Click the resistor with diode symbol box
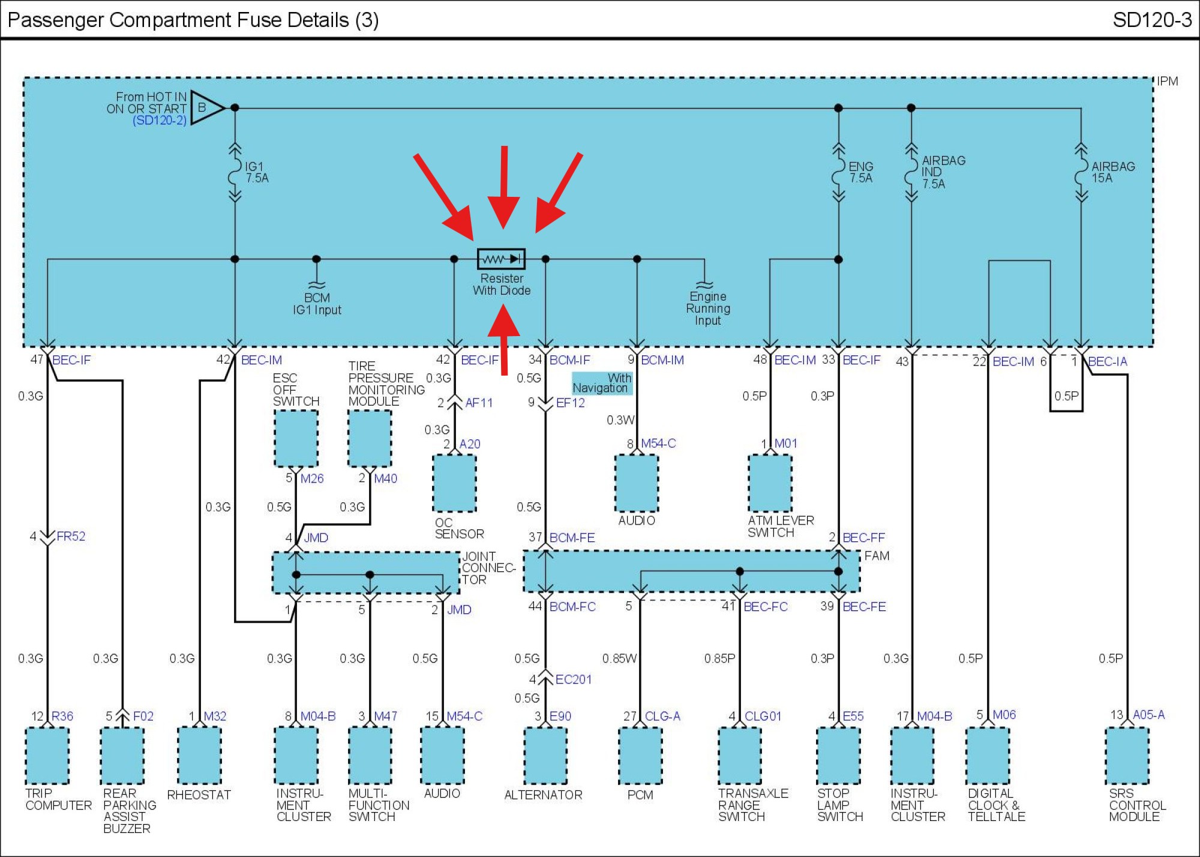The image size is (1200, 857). pos(501,259)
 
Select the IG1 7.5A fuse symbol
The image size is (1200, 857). pos(235,172)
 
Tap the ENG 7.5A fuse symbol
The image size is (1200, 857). pos(838,172)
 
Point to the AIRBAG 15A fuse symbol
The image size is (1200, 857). pos(1081,172)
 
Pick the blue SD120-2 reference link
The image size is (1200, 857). pos(160,120)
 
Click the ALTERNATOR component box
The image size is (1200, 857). pos(545,756)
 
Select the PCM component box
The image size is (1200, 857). pos(640,756)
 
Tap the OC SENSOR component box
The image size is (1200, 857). pos(454,483)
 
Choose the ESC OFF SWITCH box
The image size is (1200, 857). pos(296,438)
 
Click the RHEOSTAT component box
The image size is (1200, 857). pos(199,756)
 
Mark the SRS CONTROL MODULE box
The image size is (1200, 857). pos(1127,756)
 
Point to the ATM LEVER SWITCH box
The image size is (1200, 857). pos(770,483)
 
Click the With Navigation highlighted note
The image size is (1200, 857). pos(602,383)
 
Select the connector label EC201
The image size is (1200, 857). pos(574,679)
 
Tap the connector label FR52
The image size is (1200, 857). pos(71,536)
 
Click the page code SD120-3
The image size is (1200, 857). pos(1152,20)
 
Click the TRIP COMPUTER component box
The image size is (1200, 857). pos(47,756)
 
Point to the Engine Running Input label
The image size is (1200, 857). pos(708,308)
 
